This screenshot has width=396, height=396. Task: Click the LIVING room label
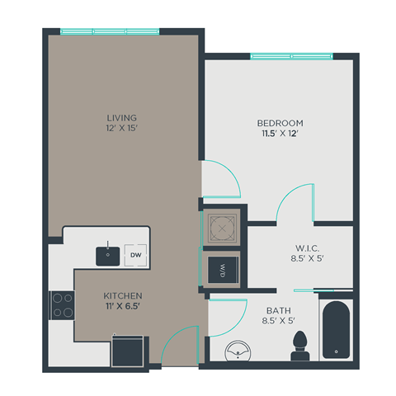pyautogui.click(x=121, y=118)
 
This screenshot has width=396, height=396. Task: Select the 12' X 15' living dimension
pyautogui.click(x=121, y=130)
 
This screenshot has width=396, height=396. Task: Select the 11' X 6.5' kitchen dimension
pyautogui.click(x=123, y=308)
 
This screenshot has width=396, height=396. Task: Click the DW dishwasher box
pyautogui.click(x=136, y=255)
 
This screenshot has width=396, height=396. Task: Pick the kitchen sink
pyautogui.click(x=107, y=255)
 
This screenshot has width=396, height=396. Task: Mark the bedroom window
pyautogui.click(x=292, y=57)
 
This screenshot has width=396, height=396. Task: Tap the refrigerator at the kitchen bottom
pyautogui.click(x=129, y=349)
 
